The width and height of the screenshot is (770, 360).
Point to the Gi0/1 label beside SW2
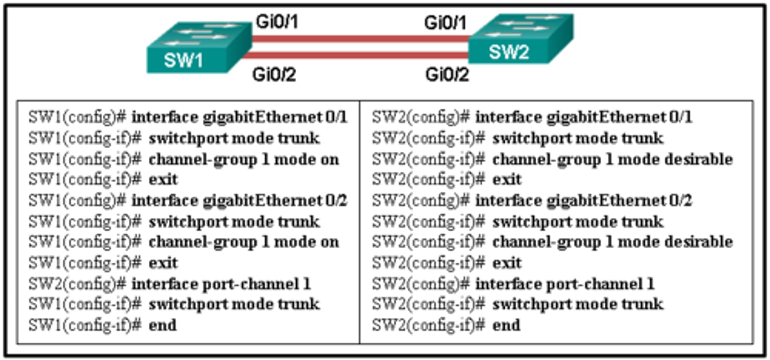(x=446, y=22)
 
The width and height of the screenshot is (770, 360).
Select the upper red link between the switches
(x=361, y=39)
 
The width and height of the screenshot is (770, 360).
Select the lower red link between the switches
(x=361, y=55)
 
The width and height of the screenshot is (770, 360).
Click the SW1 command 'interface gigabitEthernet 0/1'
(x=240, y=117)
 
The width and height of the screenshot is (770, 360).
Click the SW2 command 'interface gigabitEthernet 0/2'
(x=583, y=201)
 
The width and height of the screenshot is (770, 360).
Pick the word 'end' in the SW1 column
(x=163, y=325)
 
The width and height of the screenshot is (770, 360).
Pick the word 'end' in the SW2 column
(x=506, y=325)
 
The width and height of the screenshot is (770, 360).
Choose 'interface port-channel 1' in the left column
(x=221, y=284)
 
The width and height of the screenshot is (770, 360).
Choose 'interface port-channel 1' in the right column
(x=565, y=284)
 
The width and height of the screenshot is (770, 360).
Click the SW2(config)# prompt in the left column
(x=78, y=284)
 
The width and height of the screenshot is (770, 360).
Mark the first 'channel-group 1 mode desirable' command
(x=612, y=159)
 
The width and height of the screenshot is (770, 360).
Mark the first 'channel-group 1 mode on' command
(x=244, y=159)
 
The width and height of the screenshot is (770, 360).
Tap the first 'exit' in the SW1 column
(x=163, y=179)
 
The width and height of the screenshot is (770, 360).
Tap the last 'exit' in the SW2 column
(x=506, y=263)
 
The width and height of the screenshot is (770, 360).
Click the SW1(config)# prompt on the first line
(x=78, y=117)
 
